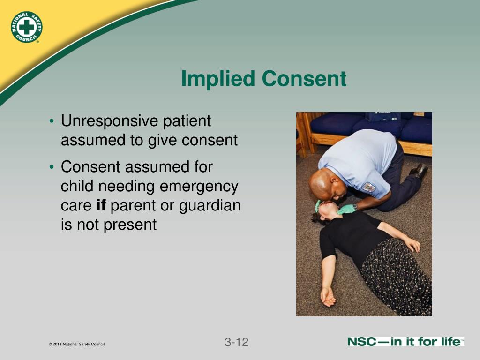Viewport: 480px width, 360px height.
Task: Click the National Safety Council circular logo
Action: click(x=27, y=27)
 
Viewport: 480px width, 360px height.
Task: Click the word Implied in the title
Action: click(x=218, y=79)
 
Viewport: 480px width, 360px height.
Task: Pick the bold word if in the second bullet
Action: click(x=102, y=205)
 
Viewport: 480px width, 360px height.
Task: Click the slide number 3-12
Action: click(x=236, y=342)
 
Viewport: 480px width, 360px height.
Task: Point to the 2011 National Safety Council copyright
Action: click(x=76, y=345)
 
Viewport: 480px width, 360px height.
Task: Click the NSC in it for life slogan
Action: click(x=405, y=342)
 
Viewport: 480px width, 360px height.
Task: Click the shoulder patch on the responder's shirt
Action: click(x=369, y=187)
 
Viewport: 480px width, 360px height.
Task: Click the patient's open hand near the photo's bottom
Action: click(x=327, y=295)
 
